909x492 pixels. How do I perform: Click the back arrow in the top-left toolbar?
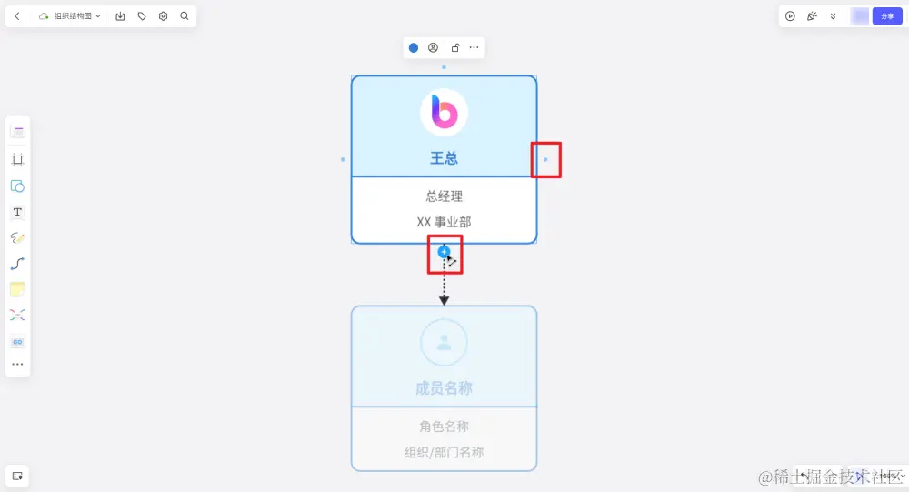[x=17, y=16]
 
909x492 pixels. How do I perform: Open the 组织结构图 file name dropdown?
[x=71, y=16]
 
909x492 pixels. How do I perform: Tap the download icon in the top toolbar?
[x=121, y=16]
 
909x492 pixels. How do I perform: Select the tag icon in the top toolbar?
[x=142, y=16]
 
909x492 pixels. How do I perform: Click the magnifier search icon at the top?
[x=185, y=16]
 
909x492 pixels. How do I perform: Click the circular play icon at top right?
[x=790, y=16]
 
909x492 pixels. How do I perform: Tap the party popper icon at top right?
[x=812, y=16]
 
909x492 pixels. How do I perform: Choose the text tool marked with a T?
[x=17, y=212]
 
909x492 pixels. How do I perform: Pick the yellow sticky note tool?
[x=17, y=289]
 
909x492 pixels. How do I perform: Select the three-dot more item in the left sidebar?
[x=17, y=365]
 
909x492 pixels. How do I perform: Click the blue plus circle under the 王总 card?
[x=444, y=251]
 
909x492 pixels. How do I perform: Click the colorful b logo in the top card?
[x=444, y=113]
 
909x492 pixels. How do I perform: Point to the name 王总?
[x=444, y=158]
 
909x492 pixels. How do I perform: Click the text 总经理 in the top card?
[x=444, y=196]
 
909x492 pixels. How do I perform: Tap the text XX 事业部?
[x=444, y=222]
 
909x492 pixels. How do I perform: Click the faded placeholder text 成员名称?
[x=444, y=388]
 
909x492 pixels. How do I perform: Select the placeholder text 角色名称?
[x=444, y=426]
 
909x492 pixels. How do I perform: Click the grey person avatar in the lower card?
[x=444, y=343]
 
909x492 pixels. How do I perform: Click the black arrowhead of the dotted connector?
[x=444, y=300]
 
